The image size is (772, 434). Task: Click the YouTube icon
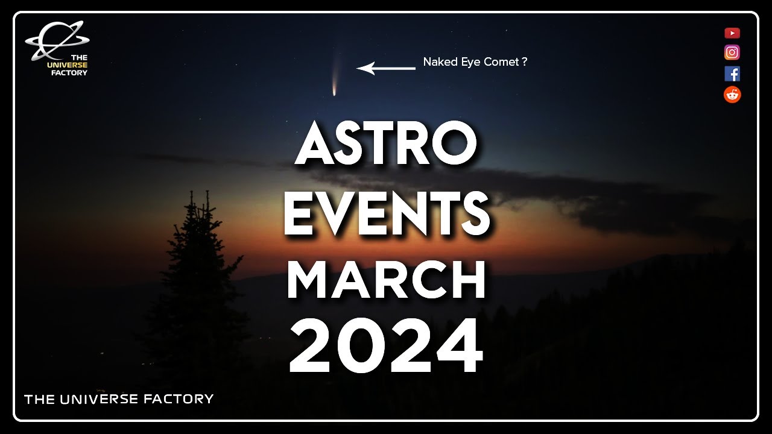tap(732, 33)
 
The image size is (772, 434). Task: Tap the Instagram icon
tap(732, 52)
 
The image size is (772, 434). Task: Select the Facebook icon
tap(732, 74)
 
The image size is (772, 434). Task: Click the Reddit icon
tap(732, 95)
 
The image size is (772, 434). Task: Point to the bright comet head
tap(334, 92)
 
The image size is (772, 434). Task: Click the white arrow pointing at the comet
tap(385, 68)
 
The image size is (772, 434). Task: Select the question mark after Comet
tap(525, 61)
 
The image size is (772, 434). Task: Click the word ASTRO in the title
tap(386, 145)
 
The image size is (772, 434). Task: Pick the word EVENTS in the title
tap(386, 214)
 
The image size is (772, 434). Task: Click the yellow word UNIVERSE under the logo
tap(67, 65)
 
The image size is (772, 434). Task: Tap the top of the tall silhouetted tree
tap(192, 194)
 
